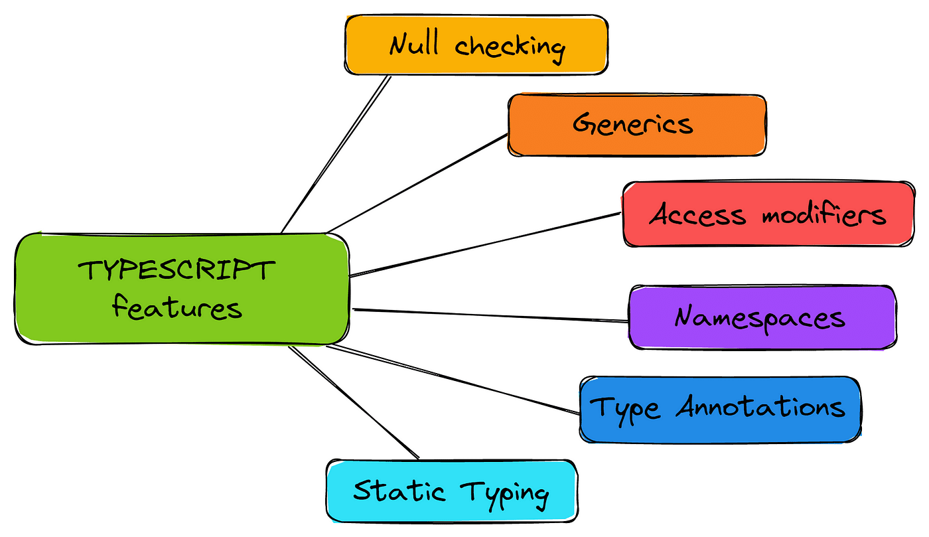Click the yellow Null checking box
pyautogui.click(x=476, y=44)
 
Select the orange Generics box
pyautogui.click(x=636, y=125)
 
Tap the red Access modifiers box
pyautogui.click(x=768, y=214)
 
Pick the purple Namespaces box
pyautogui.click(x=762, y=317)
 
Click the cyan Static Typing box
pyautogui.click(x=451, y=492)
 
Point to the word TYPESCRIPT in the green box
pyautogui.click(x=177, y=271)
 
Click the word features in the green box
pyautogui.click(x=177, y=308)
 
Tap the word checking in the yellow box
pyautogui.click(x=510, y=47)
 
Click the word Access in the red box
pyautogui.click(x=697, y=214)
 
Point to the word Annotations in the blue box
pyautogui.click(x=760, y=407)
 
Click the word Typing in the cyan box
pyautogui.click(x=506, y=493)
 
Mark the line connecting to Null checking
pyautogui.click(x=336, y=154)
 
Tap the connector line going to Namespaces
pyautogui.click(x=491, y=315)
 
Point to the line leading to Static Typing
pyautogui.click(x=354, y=402)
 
